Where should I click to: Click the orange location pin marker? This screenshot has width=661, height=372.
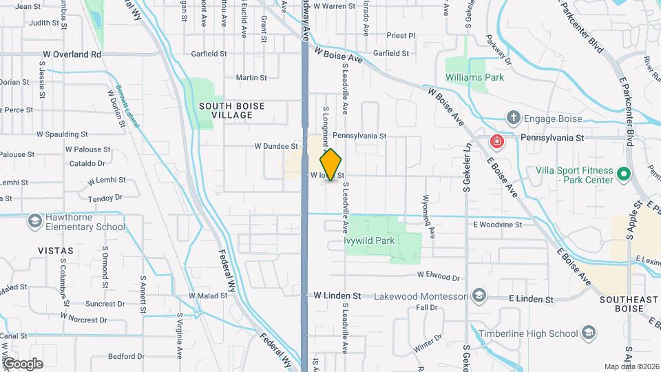331,164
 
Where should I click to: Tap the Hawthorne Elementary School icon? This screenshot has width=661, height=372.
34,221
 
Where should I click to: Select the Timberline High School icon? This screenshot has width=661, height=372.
589,334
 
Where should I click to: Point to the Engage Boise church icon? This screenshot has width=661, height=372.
514,118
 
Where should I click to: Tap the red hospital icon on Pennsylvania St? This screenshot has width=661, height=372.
496,142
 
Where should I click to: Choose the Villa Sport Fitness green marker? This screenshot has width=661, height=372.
624,174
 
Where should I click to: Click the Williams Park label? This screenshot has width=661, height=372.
474,78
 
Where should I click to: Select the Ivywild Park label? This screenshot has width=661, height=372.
370,241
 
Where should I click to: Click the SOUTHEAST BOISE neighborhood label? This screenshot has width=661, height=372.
629,305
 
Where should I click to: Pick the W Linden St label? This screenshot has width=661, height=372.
337,296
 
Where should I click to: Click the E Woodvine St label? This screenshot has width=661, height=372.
502,225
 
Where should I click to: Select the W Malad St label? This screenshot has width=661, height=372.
208,296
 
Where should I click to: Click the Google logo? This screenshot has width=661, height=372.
23,363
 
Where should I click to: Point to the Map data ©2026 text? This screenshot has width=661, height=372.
631,366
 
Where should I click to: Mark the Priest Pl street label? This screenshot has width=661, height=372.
401,35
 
